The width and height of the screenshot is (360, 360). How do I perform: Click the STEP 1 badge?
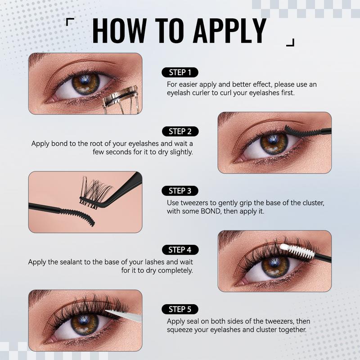click(x=180, y=72)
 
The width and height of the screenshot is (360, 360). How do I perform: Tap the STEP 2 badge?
click(x=180, y=131)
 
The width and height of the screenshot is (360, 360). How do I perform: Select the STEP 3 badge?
click(x=180, y=191)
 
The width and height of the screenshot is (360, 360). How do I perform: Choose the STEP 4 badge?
click(x=180, y=250)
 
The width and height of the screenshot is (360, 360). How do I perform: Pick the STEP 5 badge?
click(x=180, y=309)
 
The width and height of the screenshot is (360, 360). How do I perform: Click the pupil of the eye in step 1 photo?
click(x=86, y=84)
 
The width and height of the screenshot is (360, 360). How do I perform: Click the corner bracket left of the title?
click(x=70, y=21)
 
